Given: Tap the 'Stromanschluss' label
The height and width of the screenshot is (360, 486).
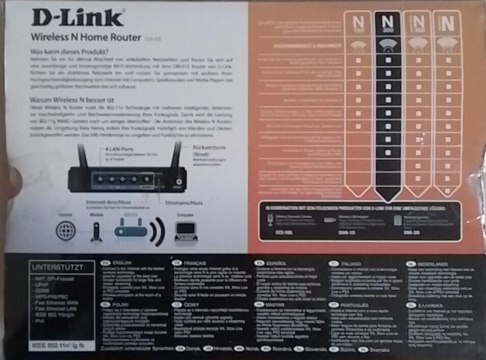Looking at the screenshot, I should coord(185,202).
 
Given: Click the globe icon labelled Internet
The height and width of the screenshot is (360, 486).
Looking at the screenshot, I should coord(65,231).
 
